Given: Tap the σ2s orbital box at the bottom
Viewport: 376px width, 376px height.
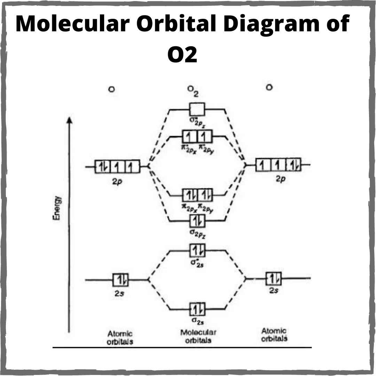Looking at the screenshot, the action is (197, 309).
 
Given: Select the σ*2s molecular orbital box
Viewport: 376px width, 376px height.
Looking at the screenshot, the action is (197, 250).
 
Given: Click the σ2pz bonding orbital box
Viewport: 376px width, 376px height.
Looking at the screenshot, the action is (197, 221).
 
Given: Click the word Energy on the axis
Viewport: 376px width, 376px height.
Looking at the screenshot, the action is (57, 208).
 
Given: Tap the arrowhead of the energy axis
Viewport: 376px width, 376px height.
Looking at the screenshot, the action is (70, 120).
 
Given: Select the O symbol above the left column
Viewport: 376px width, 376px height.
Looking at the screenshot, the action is (111, 89).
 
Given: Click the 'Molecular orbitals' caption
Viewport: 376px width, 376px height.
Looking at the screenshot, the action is (198, 336).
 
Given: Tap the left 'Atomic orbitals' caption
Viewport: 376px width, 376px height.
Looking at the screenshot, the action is (120, 338).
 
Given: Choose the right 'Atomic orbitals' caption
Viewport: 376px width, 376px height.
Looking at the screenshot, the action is (274, 335).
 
